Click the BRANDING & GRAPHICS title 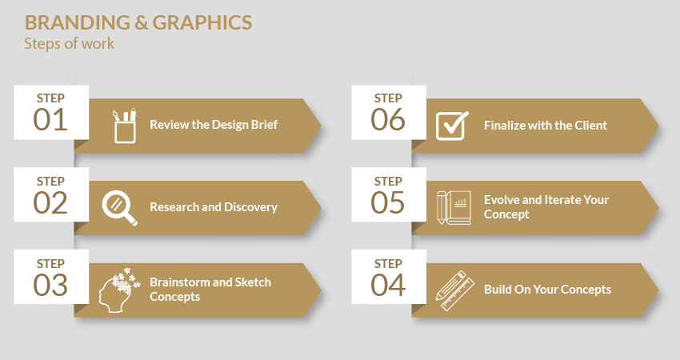(x=138, y=22)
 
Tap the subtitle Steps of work (x=70, y=44)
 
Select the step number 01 (x=50, y=120)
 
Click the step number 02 (x=50, y=202)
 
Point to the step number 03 (x=50, y=285)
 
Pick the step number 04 (x=388, y=285)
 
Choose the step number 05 (x=388, y=202)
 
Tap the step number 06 (x=388, y=120)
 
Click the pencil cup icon (x=125, y=126)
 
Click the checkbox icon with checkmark (x=452, y=126)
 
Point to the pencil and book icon (x=454, y=208)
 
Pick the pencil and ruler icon (x=455, y=290)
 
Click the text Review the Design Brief (x=214, y=125)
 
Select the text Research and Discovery (x=214, y=207)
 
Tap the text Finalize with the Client (x=546, y=126)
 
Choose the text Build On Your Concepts (x=548, y=290)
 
